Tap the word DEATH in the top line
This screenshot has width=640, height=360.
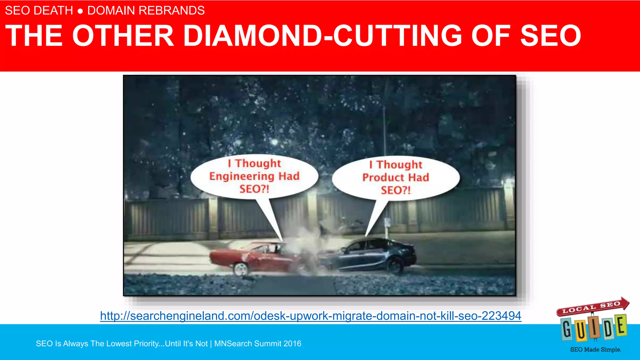(x=53, y=11)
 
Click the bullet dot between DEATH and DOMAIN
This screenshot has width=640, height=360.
(x=80, y=12)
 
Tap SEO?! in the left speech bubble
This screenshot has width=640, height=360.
(x=254, y=189)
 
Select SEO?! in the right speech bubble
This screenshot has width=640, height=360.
(x=396, y=190)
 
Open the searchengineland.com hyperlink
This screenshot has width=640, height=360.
(x=310, y=316)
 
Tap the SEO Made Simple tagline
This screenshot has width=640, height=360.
(x=595, y=350)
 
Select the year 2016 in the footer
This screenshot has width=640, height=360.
(x=292, y=344)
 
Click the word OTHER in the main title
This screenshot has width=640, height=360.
(x=123, y=36)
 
